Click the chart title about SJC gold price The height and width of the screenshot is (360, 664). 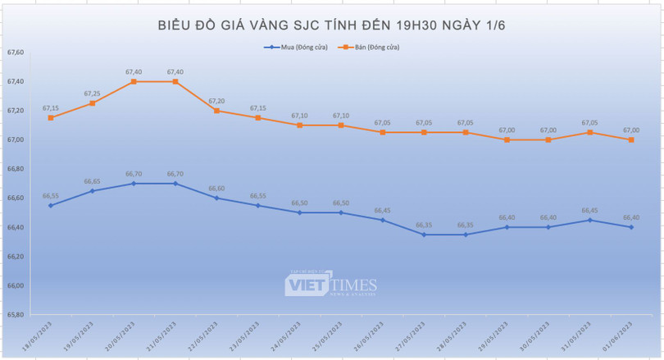(331, 25)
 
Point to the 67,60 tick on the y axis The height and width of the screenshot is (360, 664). (16, 52)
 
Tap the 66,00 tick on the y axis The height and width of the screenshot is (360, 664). (16, 285)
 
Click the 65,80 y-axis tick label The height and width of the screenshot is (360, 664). (16, 315)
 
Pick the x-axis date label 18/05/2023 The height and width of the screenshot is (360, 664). (39, 336)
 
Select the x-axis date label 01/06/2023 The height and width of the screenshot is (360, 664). (619, 336)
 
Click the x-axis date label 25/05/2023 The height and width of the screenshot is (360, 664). (329, 336)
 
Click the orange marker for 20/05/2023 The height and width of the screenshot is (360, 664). (134, 81)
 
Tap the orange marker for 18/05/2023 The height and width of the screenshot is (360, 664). (51, 117)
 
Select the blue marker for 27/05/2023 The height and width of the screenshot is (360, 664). (424, 235)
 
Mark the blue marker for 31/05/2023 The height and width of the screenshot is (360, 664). (589, 220)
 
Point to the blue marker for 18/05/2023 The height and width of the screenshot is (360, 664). (51, 205)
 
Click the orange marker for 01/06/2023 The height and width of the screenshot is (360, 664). (630, 139)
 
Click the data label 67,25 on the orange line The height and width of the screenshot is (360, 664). (92, 93)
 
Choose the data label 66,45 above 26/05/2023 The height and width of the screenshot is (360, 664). (382, 211)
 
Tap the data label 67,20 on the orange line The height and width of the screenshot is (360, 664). (216, 101)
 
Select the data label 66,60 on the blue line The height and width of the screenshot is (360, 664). (216, 189)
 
